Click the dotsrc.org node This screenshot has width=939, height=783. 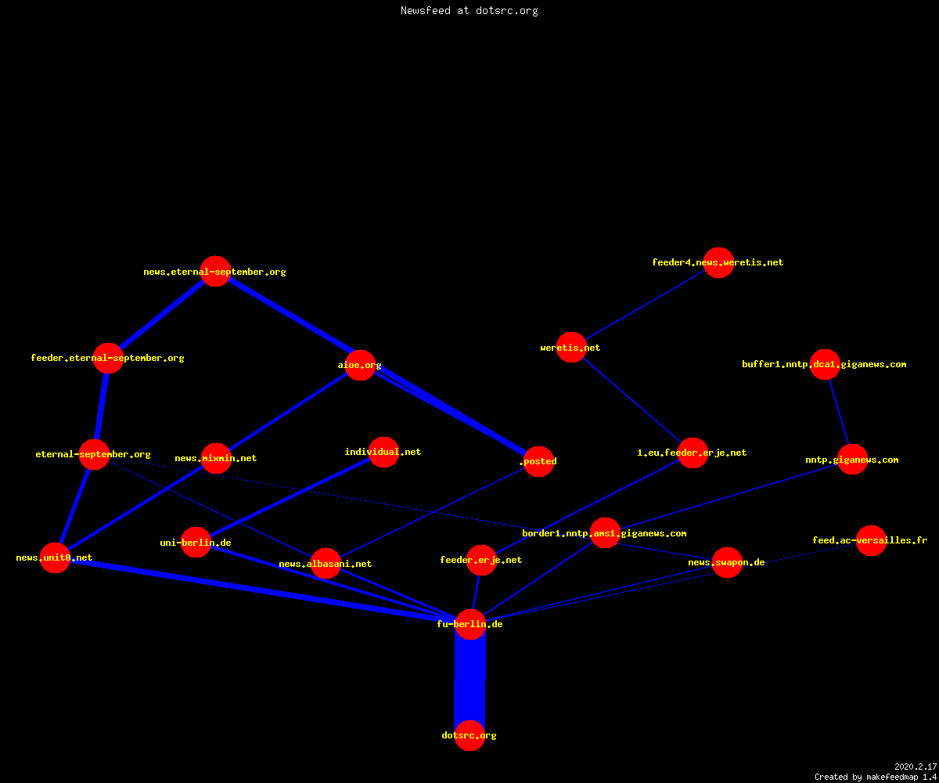469,735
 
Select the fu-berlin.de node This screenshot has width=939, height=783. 470,624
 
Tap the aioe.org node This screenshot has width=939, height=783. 360,365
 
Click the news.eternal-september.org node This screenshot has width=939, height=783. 215,272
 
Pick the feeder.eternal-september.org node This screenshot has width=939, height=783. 108,358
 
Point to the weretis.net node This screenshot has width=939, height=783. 571,348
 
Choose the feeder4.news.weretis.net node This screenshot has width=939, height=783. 718,262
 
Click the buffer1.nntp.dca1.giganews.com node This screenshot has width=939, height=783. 825,364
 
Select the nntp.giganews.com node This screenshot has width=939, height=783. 852,460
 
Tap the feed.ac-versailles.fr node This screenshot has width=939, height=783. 871,540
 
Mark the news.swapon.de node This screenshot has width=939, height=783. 727,562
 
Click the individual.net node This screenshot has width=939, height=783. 383,452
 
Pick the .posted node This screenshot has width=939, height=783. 539,461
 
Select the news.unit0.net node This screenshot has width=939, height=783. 55,557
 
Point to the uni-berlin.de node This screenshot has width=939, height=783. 196,543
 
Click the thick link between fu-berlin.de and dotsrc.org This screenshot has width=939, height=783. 470,680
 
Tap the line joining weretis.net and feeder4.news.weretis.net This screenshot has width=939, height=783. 645,305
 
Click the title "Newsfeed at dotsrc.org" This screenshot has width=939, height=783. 469,10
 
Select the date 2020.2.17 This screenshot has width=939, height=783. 916,767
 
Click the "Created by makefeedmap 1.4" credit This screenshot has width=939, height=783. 876,777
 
